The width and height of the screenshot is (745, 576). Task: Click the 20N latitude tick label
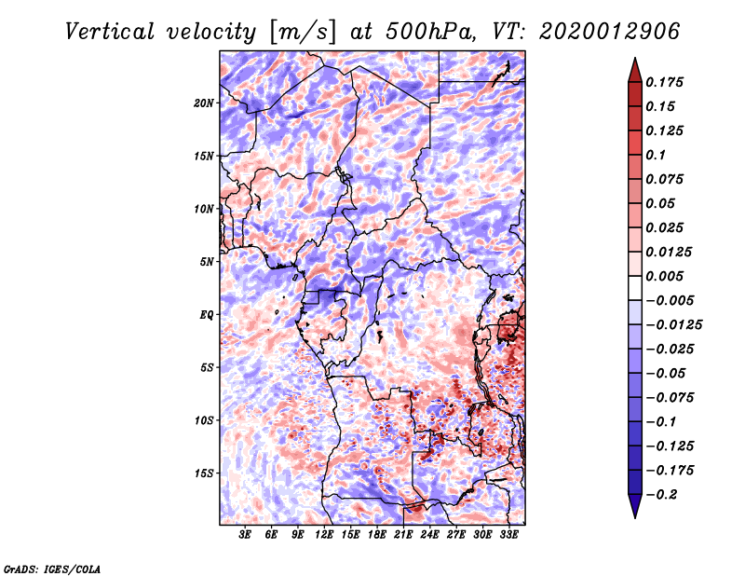coord(204,103)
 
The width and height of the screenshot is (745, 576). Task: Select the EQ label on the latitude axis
coord(207,315)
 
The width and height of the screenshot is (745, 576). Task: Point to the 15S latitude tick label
coord(204,473)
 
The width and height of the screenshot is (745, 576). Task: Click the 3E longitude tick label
coord(245,536)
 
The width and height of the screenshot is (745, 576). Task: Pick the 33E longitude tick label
coord(508,536)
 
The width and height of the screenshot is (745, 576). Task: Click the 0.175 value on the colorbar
coord(667,82)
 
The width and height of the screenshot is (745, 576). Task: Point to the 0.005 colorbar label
coord(667,276)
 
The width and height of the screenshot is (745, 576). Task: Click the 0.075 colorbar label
coord(667,179)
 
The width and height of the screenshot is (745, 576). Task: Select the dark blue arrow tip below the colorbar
coord(634,511)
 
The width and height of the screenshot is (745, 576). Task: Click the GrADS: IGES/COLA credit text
coord(51,567)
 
